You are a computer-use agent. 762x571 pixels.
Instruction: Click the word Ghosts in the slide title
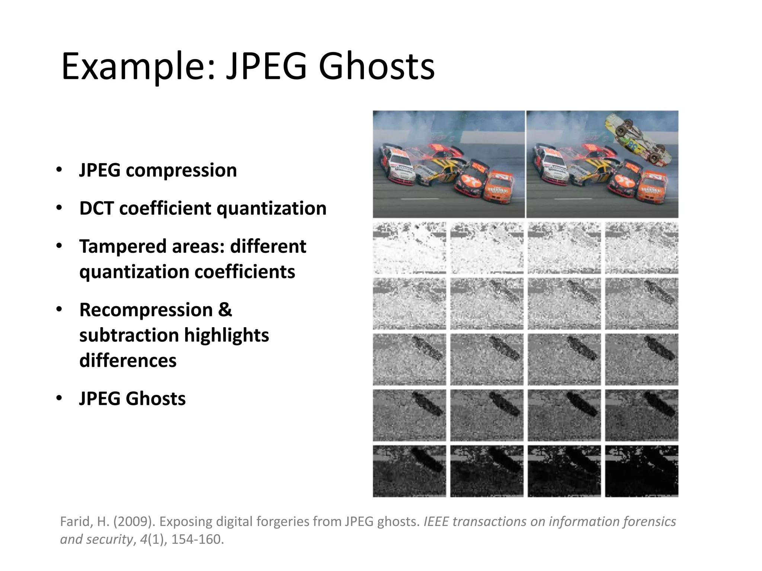pos(377,67)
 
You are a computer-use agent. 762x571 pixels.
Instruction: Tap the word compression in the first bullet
pos(181,171)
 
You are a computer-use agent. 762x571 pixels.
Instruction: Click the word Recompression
pos(146,310)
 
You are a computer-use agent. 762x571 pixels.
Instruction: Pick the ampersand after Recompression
pos(225,310)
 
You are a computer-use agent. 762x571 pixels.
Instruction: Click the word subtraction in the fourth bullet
pos(129,335)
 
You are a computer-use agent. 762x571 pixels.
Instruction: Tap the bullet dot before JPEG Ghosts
pos(59,398)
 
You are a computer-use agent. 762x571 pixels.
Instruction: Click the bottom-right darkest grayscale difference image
pos(641,471)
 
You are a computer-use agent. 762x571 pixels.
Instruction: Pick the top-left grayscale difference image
pos(409,248)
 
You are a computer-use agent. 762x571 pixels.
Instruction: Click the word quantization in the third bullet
pos(134,272)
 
